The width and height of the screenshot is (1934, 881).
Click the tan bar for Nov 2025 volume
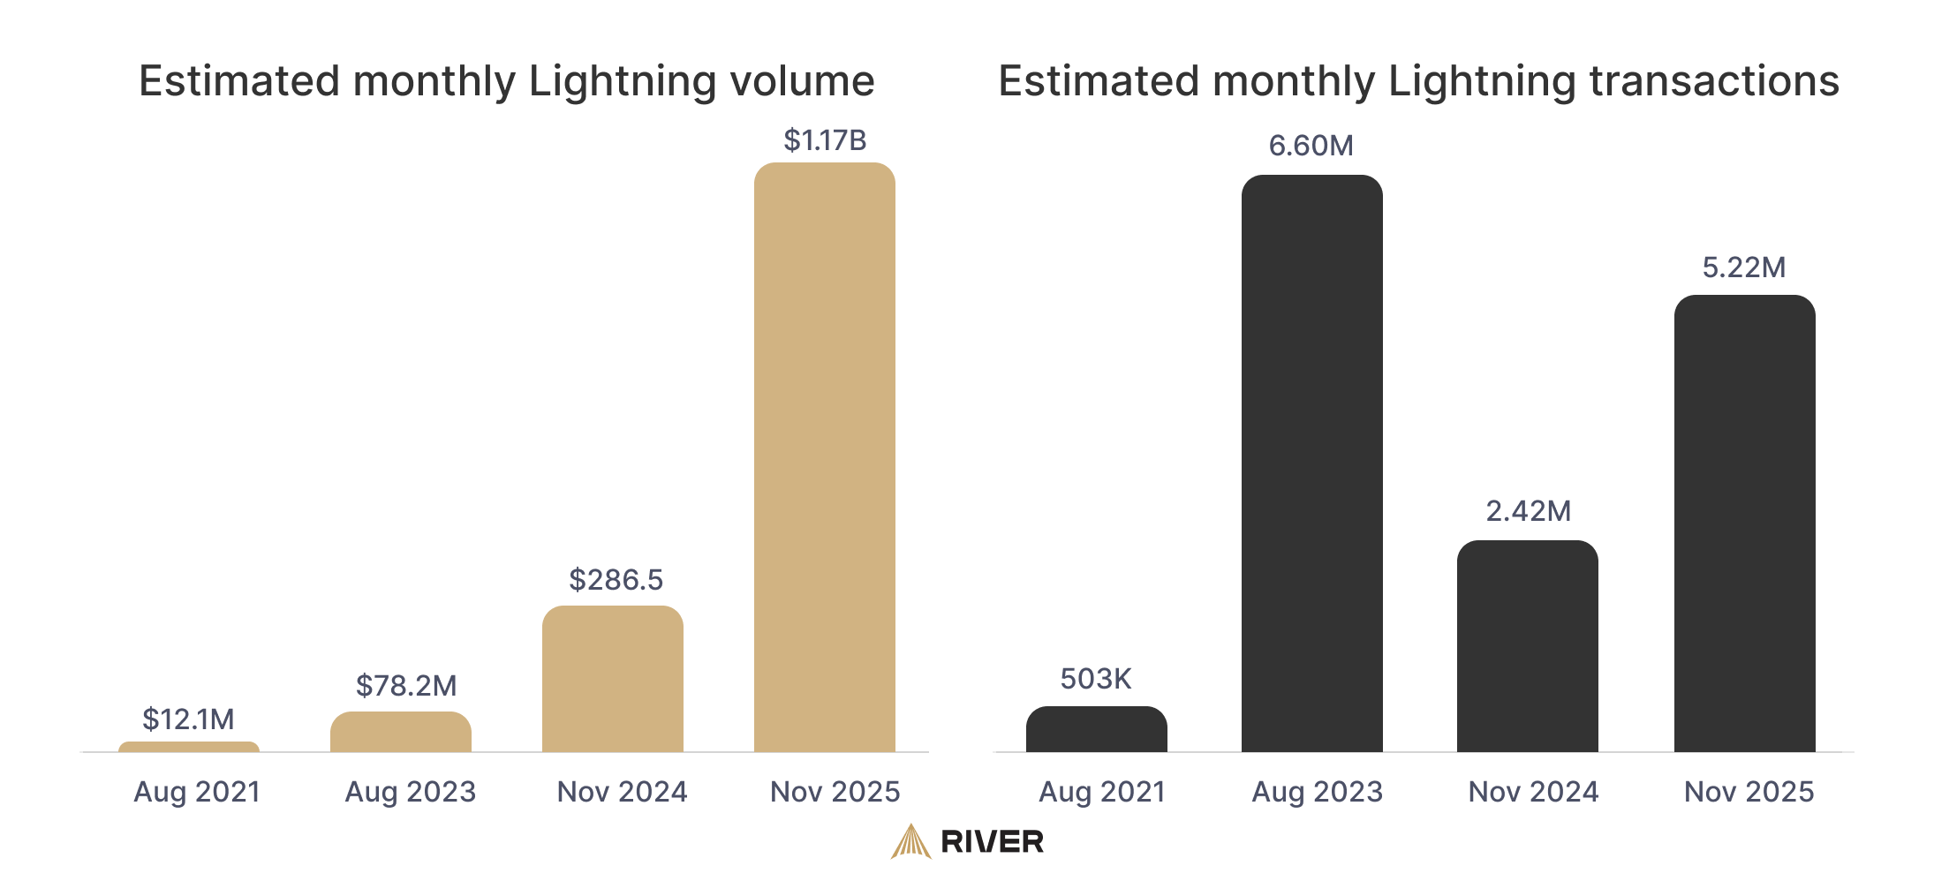pyautogui.click(x=824, y=459)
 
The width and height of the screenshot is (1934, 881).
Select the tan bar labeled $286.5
pyautogui.click(x=612, y=680)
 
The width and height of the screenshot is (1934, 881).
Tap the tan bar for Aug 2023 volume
pyautogui.click(x=400, y=733)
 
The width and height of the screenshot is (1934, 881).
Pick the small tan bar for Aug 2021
pyautogui.click(x=188, y=747)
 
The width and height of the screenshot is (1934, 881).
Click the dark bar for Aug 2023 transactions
pyautogui.click(x=1311, y=463)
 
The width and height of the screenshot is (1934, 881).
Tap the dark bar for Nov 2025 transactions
pyautogui.click(x=1744, y=525)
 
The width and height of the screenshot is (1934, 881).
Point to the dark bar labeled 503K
pyautogui.click(x=1096, y=730)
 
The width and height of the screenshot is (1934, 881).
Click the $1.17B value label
pyautogui.click(x=825, y=140)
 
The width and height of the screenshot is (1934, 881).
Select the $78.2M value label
pyautogui.click(x=406, y=686)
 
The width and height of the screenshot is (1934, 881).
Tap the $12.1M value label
pyautogui.click(x=188, y=719)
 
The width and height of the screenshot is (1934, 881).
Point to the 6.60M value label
pyautogui.click(x=1311, y=146)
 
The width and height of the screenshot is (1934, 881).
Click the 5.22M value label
pyautogui.click(x=1743, y=267)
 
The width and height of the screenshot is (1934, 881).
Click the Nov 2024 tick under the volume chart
pyautogui.click(x=622, y=792)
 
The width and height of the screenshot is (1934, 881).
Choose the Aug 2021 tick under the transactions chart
pyautogui.click(x=1101, y=792)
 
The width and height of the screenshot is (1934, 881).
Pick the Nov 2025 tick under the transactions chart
pyautogui.click(x=1749, y=792)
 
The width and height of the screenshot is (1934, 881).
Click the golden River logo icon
pyautogui.click(x=910, y=841)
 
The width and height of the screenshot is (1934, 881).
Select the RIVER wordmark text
pyautogui.click(x=992, y=842)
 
